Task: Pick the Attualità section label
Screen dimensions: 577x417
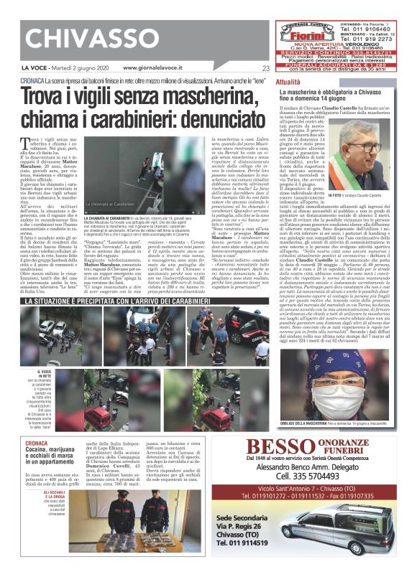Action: tap(288, 83)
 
